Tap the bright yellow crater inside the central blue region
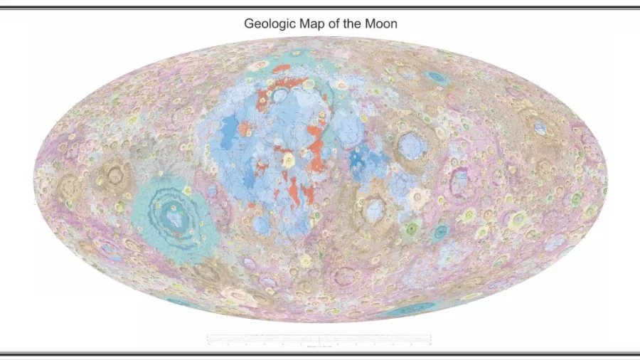click(x=289, y=160)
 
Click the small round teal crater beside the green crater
click(x=441, y=231)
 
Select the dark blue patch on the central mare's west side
click(x=229, y=134)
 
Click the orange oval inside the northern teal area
click(x=282, y=69)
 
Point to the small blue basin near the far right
click(x=541, y=129)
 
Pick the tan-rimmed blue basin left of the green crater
click(x=374, y=208)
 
